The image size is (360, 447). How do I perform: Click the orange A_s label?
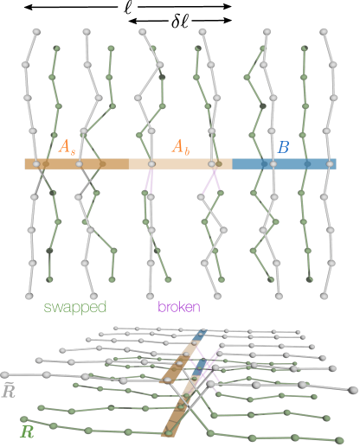pyautogui.click(x=67, y=148)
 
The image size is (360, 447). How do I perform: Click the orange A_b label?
pyautogui.click(x=180, y=147)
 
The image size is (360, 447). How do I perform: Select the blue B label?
pyautogui.click(x=283, y=148)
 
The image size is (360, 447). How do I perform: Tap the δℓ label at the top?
pyautogui.click(x=180, y=20)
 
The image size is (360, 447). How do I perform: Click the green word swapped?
pyautogui.click(x=75, y=307)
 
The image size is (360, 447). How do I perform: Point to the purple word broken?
pyautogui.click(x=179, y=307)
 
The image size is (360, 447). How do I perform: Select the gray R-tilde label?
pyautogui.click(x=10, y=392)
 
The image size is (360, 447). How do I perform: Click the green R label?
pyautogui.click(x=28, y=430)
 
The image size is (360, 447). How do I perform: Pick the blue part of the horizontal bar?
pyautogui.click(x=286, y=163)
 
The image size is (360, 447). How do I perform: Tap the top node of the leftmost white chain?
pyautogui.click(x=35, y=32)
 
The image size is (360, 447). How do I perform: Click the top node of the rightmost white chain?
pyautogui.click(x=324, y=33)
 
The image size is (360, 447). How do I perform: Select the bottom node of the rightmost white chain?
pyautogui.click(x=325, y=295)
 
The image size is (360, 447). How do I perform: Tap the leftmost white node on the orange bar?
pyautogui.click(x=36, y=163)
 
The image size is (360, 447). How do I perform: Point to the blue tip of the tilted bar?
pyautogui.click(x=200, y=335)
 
